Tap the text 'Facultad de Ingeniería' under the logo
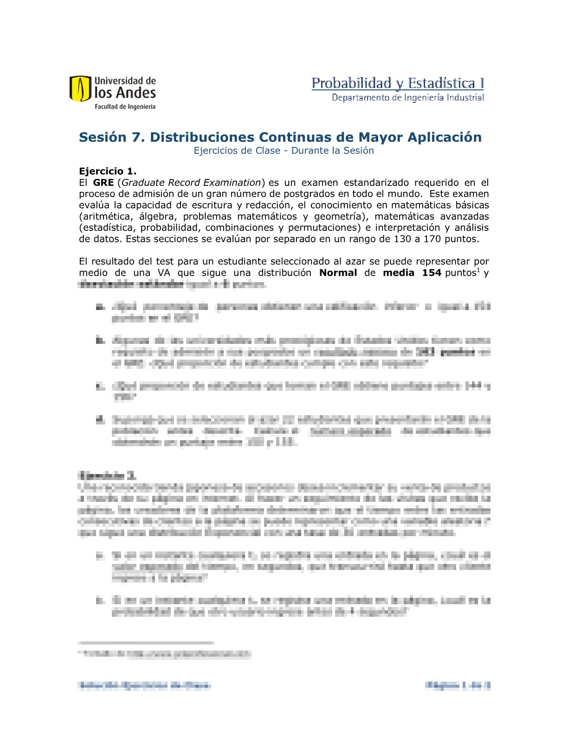pyautogui.click(x=125, y=107)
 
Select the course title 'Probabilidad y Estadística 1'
pyautogui.click(x=398, y=83)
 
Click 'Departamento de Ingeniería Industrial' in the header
pyautogui.click(x=408, y=97)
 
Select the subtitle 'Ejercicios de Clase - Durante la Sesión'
pyautogui.click(x=284, y=151)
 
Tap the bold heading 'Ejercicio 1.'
pyautogui.click(x=108, y=171)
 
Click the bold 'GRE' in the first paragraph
pyautogui.click(x=103, y=183)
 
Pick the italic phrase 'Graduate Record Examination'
pyautogui.click(x=191, y=183)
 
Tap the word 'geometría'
pyautogui.click(x=339, y=216)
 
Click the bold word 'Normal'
pyautogui.click(x=338, y=273)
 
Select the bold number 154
pyautogui.click(x=432, y=273)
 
